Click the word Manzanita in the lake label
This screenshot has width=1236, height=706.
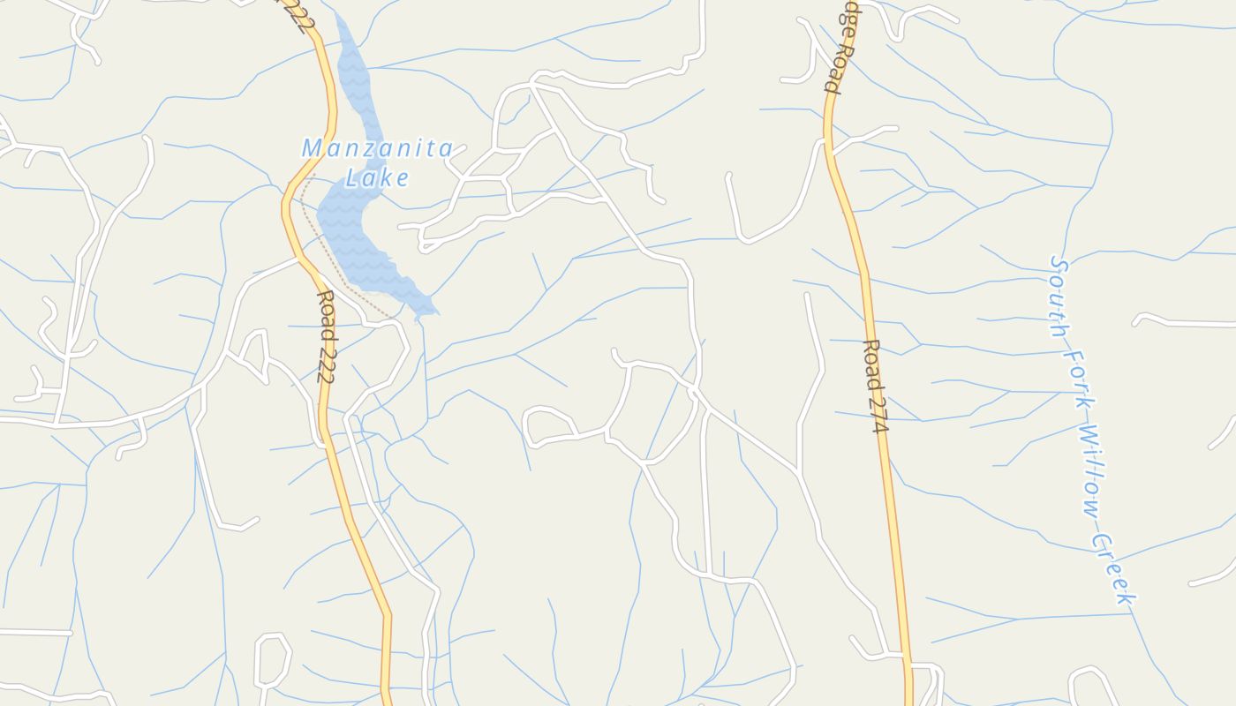tap(378, 148)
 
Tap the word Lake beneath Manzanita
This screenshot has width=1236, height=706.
tap(377, 178)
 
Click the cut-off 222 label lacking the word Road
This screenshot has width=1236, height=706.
tap(298, 16)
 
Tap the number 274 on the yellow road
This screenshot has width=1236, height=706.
tap(878, 411)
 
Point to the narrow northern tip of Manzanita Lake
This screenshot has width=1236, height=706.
tap(341, 22)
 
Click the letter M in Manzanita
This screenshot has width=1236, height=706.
tap(312, 148)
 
